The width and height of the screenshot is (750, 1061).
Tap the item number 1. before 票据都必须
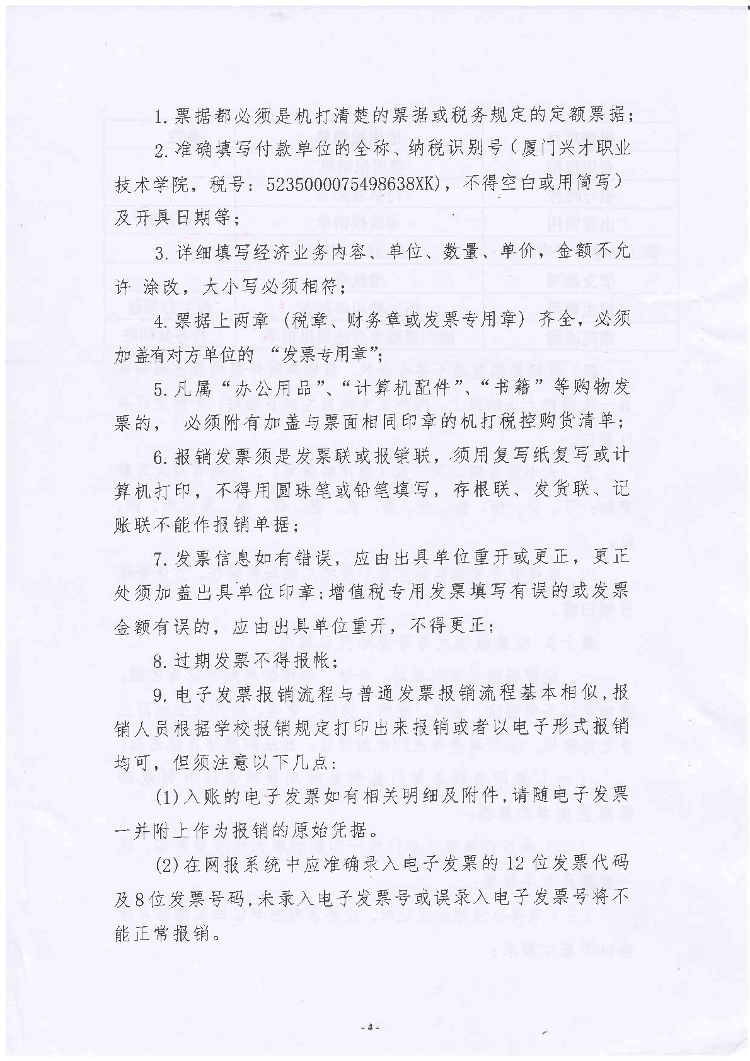[x=161, y=115]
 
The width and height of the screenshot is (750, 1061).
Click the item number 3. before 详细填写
[x=161, y=252]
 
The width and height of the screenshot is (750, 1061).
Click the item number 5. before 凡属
[x=161, y=388]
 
